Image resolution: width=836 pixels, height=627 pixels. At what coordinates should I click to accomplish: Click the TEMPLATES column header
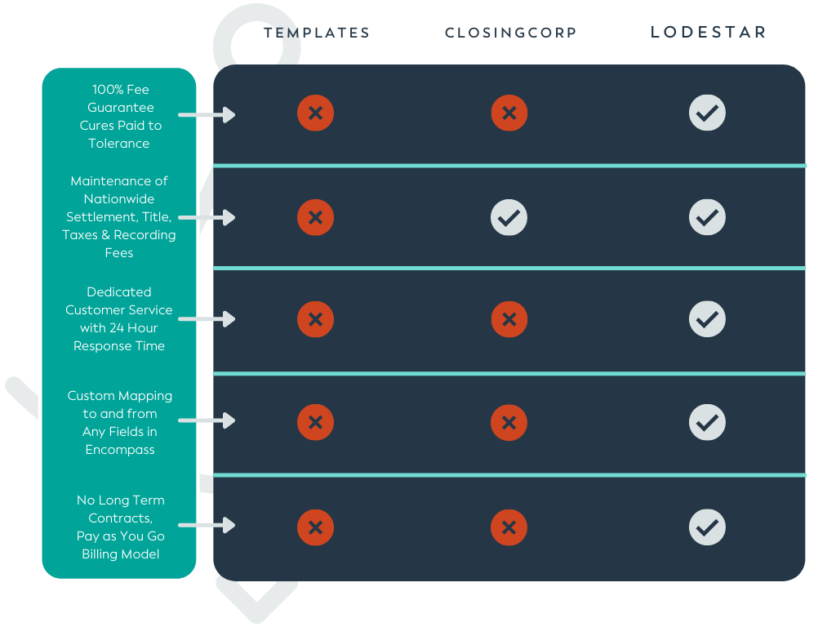pos(317,33)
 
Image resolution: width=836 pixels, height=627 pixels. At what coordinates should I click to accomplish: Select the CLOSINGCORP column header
pos(511,33)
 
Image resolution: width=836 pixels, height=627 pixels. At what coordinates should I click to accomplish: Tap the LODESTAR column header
pos(709,32)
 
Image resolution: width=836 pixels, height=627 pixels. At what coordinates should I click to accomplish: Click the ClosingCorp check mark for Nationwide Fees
pos(509,217)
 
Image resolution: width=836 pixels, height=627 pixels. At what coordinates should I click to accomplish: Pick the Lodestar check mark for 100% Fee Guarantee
pos(707,113)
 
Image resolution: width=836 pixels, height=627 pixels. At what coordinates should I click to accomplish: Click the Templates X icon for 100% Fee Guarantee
pos(316,113)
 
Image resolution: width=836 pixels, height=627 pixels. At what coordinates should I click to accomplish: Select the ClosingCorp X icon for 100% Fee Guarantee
pos(509,113)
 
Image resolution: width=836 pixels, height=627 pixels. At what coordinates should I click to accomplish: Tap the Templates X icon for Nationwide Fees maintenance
pos(316,217)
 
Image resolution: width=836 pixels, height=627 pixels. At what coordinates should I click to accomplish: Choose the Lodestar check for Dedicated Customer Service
pos(707,319)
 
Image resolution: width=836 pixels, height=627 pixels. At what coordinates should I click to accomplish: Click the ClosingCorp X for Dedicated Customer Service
pos(509,319)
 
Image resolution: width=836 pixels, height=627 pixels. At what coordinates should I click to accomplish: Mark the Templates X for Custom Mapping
pos(316,422)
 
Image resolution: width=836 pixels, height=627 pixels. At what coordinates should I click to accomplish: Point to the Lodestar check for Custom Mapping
pos(707,422)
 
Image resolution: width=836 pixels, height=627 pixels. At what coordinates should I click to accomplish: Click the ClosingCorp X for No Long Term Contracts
pos(509,528)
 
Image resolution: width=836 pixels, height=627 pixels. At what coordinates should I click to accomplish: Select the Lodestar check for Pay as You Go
pos(707,528)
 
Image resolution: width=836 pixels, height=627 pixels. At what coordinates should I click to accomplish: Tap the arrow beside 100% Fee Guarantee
pos(207,114)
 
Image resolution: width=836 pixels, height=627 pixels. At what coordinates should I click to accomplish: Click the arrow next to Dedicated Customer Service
pos(207,319)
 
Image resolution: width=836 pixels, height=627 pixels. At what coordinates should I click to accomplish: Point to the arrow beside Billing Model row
pos(207,525)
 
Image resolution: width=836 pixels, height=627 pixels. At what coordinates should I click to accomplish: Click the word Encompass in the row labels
pos(120,450)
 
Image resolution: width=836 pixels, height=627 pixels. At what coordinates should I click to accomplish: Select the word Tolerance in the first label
pos(119,144)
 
